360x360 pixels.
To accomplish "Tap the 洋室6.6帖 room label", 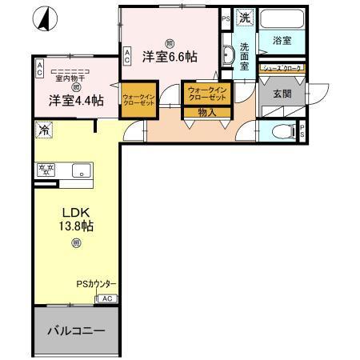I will pyautogui.click(x=170, y=56).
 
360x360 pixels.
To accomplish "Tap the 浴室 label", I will pyautogui.click(x=281, y=40).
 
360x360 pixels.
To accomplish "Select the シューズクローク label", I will pyautogui.click(x=281, y=70).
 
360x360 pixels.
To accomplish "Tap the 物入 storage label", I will pyautogui.click(x=206, y=113).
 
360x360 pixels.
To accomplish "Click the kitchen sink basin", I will pyautogui.click(x=80, y=170).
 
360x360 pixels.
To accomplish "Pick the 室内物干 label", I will pyautogui.click(x=71, y=78).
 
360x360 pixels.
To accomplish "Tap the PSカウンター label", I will pyautogui.click(x=96, y=284).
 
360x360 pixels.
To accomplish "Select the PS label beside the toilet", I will pyautogui.click(x=303, y=133).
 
